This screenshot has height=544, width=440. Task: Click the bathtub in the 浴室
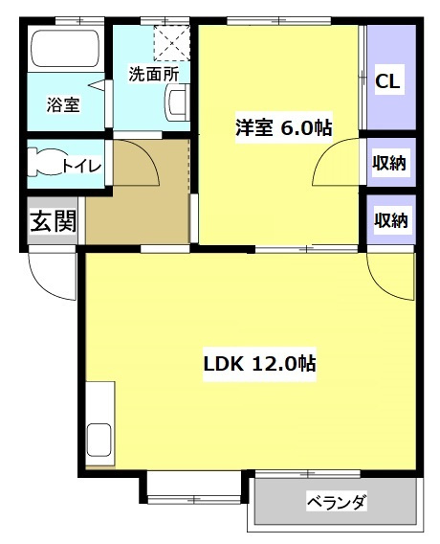click(65, 48)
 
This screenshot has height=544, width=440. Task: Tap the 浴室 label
click(63, 104)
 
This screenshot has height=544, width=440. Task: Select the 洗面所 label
click(154, 74)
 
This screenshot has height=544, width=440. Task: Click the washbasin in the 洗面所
click(177, 102)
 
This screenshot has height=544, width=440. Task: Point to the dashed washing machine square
click(172, 43)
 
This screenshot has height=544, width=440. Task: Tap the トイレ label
click(82, 167)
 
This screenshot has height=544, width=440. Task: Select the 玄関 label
click(53, 221)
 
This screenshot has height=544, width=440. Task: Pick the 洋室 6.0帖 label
click(284, 128)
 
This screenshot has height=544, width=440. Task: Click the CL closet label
click(387, 81)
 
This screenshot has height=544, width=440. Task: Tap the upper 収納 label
click(389, 163)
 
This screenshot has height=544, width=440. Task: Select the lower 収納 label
click(391, 220)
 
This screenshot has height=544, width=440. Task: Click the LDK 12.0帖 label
click(259, 364)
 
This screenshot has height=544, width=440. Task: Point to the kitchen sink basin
click(99, 440)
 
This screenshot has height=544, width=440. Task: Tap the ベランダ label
click(337, 502)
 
